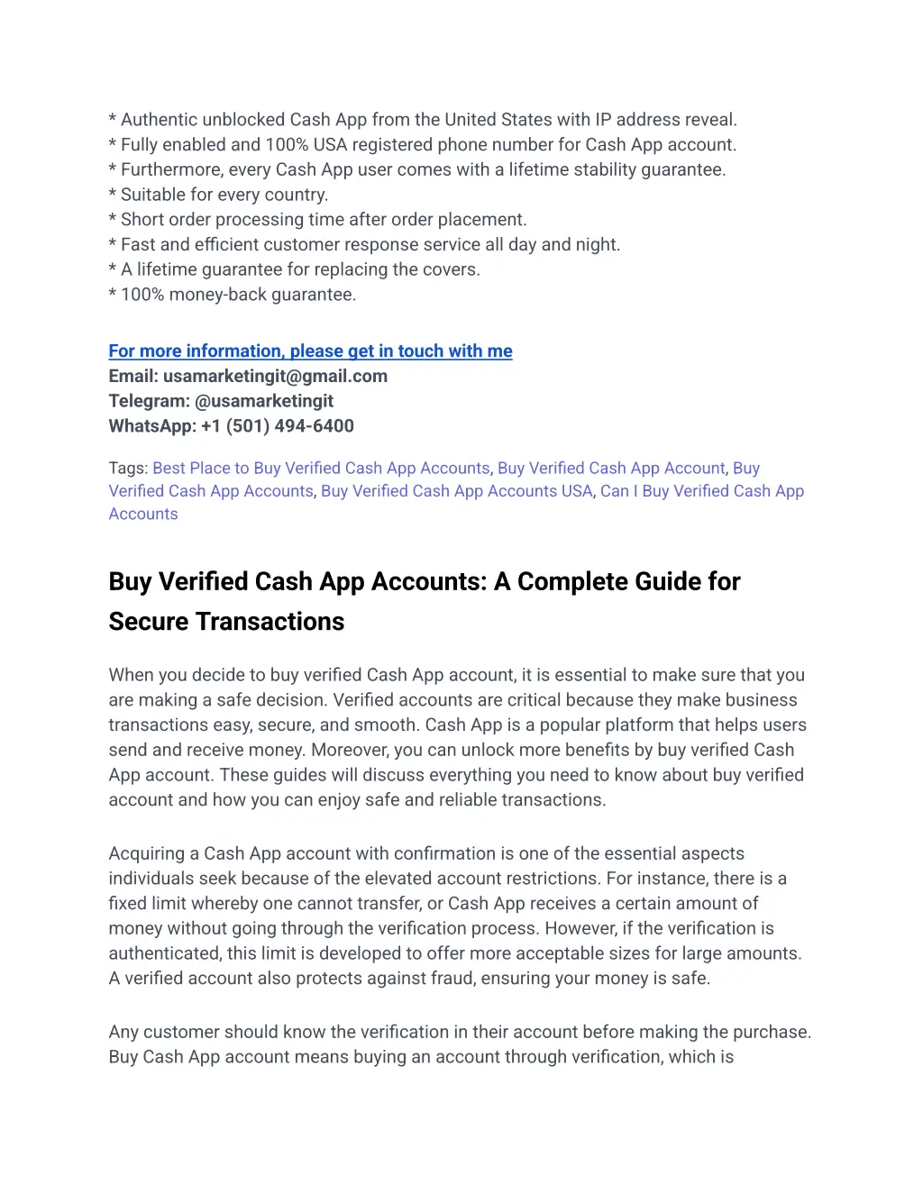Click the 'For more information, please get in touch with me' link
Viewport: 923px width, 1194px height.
pyautogui.click(x=310, y=351)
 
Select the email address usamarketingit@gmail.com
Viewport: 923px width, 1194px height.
pyautogui.click(x=275, y=377)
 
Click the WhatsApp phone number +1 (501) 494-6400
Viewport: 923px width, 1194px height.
pyautogui.click(x=277, y=426)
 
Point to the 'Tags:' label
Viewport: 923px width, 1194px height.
pyautogui.click(x=128, y=469)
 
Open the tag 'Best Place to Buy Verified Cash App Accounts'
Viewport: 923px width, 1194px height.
pyautogui.click(x=321, y=469)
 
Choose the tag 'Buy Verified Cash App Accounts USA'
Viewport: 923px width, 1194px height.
pyautogui.click(x=456, y=491)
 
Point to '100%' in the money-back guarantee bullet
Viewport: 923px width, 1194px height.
pyautogui.click(x=142, y=295)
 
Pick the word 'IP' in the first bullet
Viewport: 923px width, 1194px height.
pyautogui.click(x=603, y=120)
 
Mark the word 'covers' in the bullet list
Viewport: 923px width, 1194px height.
pyautogui.click(x=451, y=269)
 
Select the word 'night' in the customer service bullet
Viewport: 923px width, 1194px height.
pyautogui.click(x=598, y=245)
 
